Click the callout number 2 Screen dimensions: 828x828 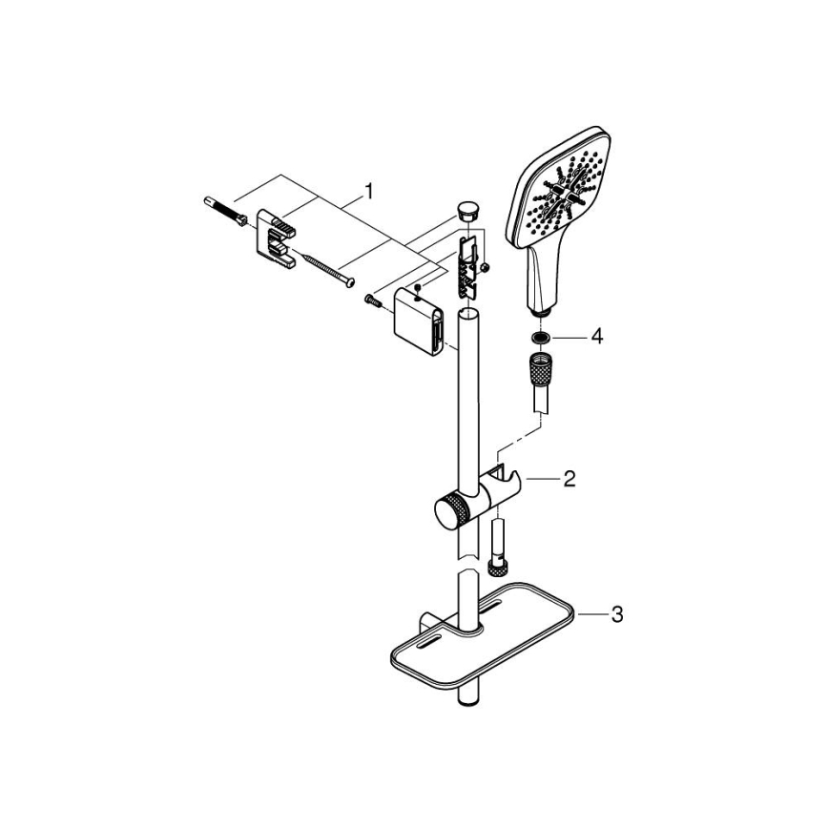569,478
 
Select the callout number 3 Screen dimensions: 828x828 616,615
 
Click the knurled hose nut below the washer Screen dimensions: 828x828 541,368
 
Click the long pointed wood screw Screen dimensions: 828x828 325,268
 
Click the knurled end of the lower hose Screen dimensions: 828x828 497,569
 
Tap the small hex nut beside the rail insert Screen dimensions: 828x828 486,267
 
